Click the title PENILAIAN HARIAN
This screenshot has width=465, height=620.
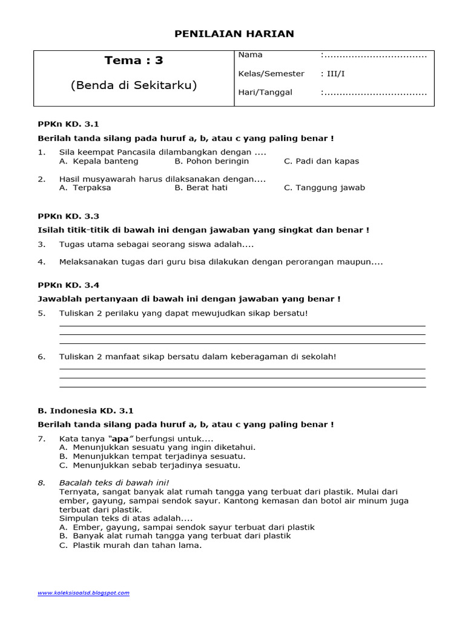point(234,34)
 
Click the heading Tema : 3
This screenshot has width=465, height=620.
point(134,60)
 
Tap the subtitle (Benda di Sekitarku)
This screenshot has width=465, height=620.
point(134,85)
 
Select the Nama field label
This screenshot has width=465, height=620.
point(251,55)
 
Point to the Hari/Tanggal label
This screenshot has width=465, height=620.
point(265,93)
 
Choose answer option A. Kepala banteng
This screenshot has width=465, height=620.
point(99,161)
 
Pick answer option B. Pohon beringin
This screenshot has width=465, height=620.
point(211,161)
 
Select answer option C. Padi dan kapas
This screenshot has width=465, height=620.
point(321,161)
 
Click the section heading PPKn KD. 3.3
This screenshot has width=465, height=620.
point(68,216)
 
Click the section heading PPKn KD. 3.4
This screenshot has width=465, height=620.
point(68,285)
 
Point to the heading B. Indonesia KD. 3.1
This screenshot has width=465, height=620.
point(85,411)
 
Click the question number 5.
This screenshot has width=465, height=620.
point(42,313)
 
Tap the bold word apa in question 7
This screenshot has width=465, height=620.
point(120,438)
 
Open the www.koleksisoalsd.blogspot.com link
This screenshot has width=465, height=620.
point(84,593)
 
